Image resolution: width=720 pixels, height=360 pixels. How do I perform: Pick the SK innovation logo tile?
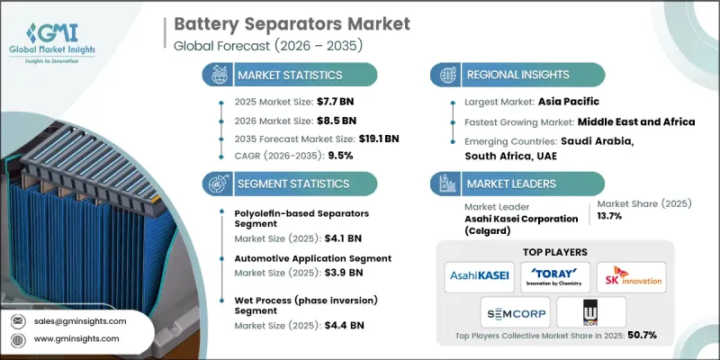click(634, 276)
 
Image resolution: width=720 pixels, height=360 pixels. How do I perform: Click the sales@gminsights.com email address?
click(79, 320)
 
